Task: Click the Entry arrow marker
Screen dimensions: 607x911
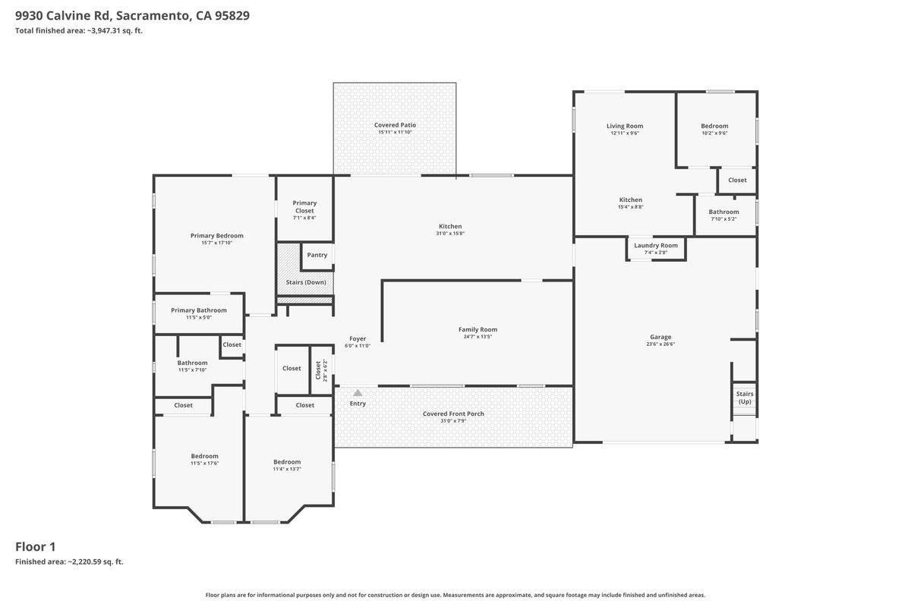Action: [x=358, y=392]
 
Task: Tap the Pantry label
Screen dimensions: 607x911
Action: [x=317, y=255]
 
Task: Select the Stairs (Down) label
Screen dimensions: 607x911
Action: [x=305, y=282]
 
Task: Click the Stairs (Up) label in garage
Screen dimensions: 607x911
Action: [x=745, y=398]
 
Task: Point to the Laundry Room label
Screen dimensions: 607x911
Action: [x=656, y=245]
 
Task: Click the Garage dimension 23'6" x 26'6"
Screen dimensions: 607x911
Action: [x=660, y=344]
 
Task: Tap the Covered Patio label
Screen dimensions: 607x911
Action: [x=395, y=124]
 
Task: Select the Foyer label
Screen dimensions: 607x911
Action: [x=358, y=338]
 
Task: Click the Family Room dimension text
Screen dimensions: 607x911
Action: [x=478, y=337]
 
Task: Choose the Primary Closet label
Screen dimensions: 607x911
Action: [x=304, y=206]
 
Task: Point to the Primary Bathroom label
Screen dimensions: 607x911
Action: [x=199, y=310]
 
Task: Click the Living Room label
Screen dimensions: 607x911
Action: [x=625, y=126]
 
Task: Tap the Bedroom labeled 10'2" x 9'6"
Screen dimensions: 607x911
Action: [x=714, y=126]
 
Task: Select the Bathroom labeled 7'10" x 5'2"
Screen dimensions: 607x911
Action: [x=723, y=212]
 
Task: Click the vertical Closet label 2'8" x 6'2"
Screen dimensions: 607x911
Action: [x=318, y=370]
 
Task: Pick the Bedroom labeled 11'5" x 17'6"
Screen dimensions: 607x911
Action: [x=204, y=456]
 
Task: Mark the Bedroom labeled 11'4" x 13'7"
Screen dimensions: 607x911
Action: [x=287, y=461]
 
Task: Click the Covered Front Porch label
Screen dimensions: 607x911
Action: [x=453, y=414]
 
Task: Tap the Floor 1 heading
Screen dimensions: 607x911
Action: [x=36, y=546]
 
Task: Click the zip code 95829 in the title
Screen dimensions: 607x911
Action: [x=227, y=15]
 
